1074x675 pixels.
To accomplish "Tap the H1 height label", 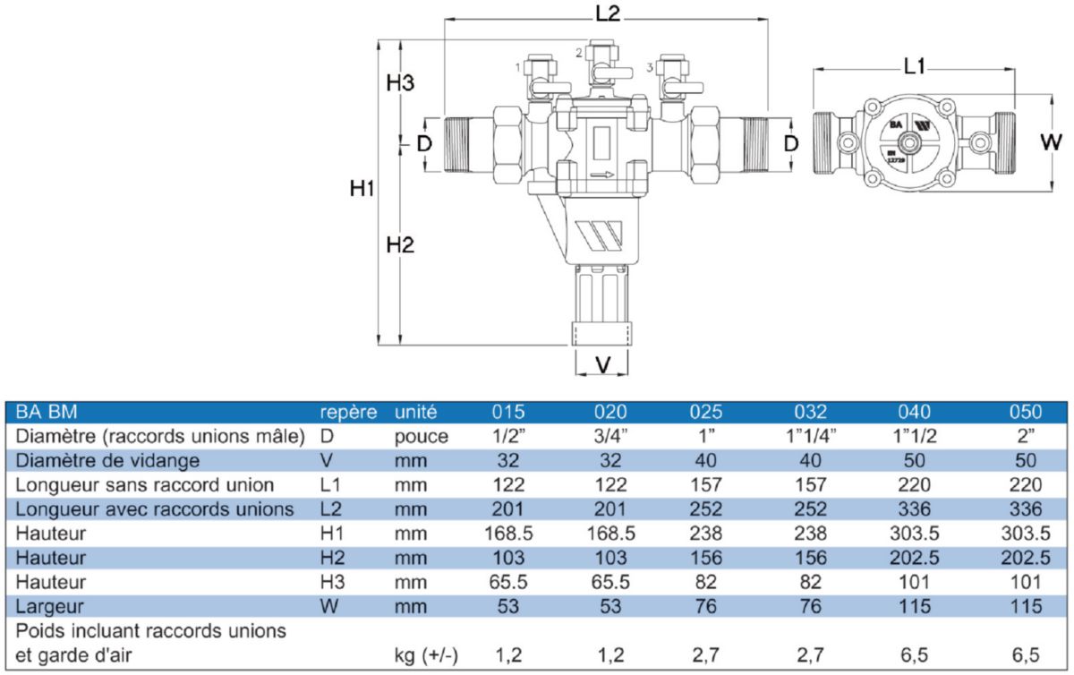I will pyautogui.click(x=362, y=189).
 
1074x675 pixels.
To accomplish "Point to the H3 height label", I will pyautogui.click(x=400, y=83).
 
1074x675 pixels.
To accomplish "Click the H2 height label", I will pyautogui.click(x=400, y=244).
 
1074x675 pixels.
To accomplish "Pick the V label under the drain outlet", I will pyautogui.click(x=602, y=364).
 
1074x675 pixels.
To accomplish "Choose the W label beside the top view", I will pyautogui.click(x=1052, y=141).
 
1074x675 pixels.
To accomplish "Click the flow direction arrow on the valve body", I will pyautogui.click(x=602, y=175).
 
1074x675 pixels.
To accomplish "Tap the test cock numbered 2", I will pyautogui.click(x=591, y=69).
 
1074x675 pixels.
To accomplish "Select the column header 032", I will pyautogui.click(x=811, y=413).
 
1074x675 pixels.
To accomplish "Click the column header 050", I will pyautogui.click(x=1025, y=413).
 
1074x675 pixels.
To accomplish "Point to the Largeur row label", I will pyautogui.click(x=52, y=606).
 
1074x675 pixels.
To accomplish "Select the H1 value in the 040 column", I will pyautogui.click(x=915, y=534).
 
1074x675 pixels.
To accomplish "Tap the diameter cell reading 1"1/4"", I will pyautogui.click(x=811, y=437).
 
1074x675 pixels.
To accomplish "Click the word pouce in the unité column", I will pyautogui.click(x=421, y=437).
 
